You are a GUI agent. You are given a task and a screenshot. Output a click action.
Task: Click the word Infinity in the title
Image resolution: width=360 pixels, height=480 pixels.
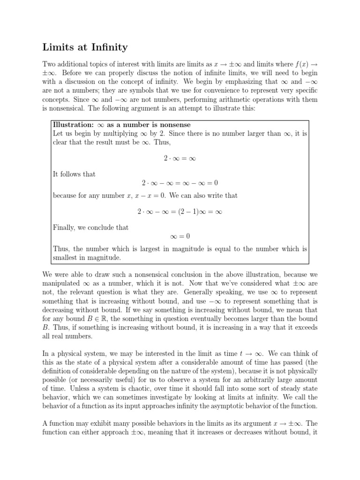(x=105, y=47)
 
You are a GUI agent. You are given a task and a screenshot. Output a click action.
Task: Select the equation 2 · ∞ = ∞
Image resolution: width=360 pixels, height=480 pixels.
(x=180, y=158)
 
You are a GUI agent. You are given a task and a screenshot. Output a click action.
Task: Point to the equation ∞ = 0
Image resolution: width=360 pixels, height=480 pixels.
(x=180, y=236)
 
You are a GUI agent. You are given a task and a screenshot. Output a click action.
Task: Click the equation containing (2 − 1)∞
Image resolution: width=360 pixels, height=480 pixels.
(x=180, y=211)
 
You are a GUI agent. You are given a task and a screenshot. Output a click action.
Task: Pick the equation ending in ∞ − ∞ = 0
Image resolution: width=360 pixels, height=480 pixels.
(x=180, y=183)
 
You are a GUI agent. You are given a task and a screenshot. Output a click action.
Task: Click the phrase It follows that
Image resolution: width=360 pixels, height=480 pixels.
(x=75, y=174)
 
